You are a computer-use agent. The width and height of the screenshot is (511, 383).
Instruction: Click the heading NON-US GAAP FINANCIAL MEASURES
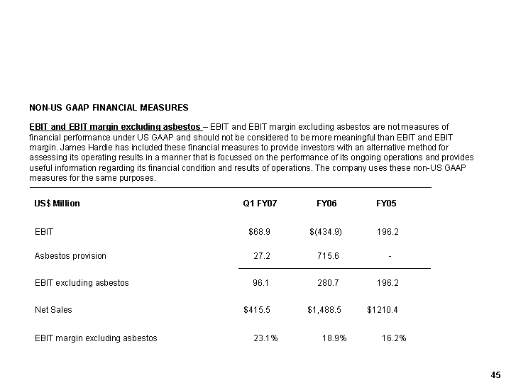click(109, 108)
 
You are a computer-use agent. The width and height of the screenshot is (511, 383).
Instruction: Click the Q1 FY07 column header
click(260, 204)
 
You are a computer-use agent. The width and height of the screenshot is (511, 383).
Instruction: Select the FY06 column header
click(326, 204)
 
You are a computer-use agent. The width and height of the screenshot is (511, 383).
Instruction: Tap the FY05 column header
click(386, 204)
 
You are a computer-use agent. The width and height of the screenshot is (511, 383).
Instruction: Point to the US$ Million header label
click(57, 204)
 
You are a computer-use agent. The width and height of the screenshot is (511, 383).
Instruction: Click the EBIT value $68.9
click(260, 232)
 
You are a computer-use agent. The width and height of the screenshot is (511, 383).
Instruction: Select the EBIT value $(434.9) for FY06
click(326, 232)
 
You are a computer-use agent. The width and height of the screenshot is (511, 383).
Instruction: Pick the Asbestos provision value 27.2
click(262, 256)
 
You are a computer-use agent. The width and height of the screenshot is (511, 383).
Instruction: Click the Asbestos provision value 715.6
click(328, 256)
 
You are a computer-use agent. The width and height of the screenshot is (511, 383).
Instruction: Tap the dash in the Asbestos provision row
click(390, 256)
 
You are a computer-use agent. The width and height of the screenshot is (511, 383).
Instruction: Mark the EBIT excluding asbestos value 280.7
click(328, 283)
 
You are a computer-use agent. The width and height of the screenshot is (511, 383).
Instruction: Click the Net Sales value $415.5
click(257, 310)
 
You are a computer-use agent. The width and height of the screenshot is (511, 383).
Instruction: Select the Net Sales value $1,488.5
click(324, 310)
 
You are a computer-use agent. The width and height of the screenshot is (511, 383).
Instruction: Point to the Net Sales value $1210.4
click(383, 310)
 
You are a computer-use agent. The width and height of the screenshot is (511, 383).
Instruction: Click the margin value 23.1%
click(265, 338)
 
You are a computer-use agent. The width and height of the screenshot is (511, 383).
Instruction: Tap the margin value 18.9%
click(334, 338)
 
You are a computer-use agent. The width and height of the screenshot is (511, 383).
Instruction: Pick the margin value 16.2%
click(394, 338)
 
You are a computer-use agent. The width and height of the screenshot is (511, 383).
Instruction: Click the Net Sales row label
click(53, 310)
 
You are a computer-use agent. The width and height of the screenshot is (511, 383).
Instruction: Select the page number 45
click(495, 374)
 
